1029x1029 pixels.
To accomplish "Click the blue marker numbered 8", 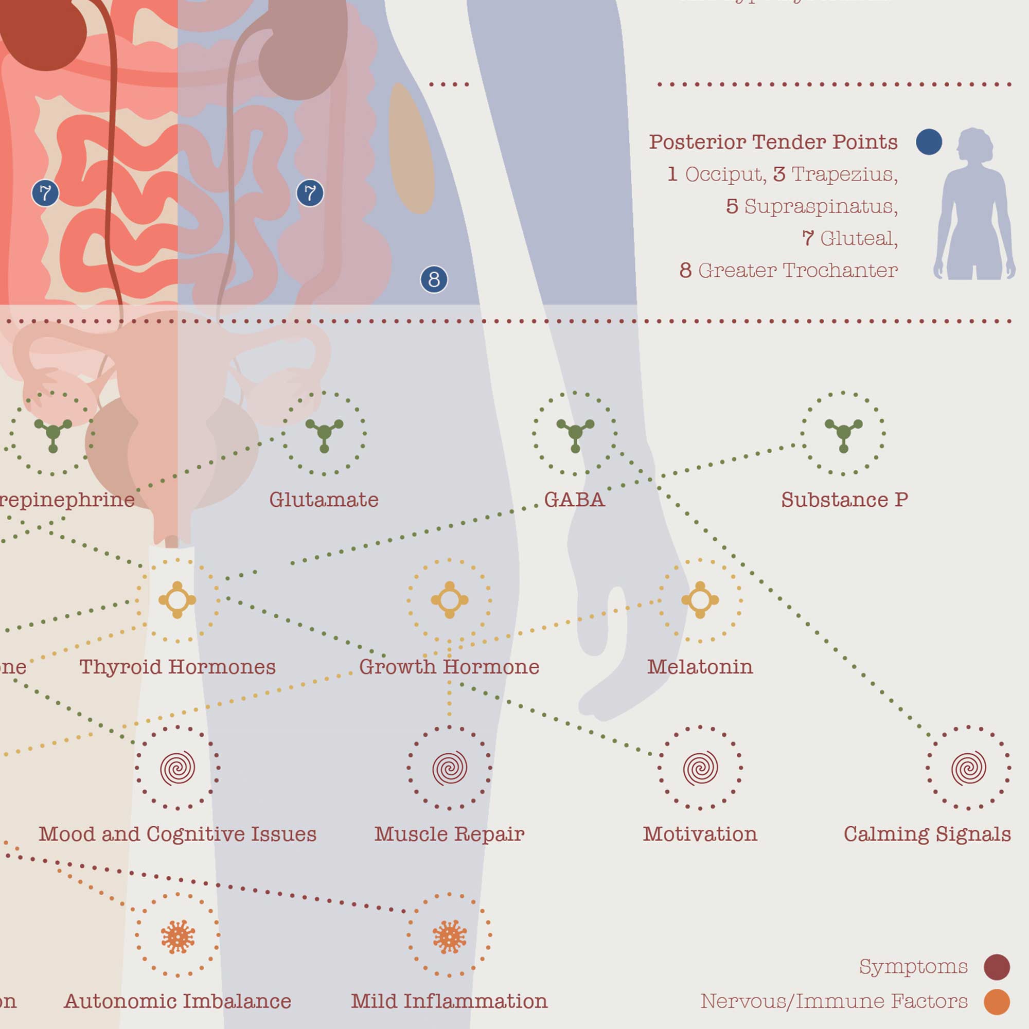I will (434, 279).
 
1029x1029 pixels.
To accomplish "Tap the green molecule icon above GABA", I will (575, 432).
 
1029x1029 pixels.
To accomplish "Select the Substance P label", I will (844, 500).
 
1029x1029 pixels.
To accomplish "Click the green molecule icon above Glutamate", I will (324, 432).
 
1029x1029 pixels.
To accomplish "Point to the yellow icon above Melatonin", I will (700, 600).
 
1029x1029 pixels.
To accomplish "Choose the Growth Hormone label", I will (449, 667).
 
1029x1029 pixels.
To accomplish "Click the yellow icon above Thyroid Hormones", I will (178, 600).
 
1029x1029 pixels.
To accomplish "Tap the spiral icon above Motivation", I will (700, 768).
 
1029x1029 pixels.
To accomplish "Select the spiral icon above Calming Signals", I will (968, 768).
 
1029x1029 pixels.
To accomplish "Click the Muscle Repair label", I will (449, 834).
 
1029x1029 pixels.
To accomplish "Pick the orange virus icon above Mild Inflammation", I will (449, 937).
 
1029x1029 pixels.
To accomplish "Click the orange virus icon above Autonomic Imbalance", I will (178, 937).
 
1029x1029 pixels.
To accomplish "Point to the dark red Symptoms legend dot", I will (997, 967).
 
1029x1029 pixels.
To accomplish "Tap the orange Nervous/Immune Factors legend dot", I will (997, 1001).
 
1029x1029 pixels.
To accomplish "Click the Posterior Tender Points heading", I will (773, 142).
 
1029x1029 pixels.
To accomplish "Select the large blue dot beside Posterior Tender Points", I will (929, 142).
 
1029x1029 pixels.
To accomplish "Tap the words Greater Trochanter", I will (797, 271).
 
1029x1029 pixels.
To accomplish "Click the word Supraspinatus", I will (820, 207).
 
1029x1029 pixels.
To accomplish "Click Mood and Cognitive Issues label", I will (178, 834).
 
